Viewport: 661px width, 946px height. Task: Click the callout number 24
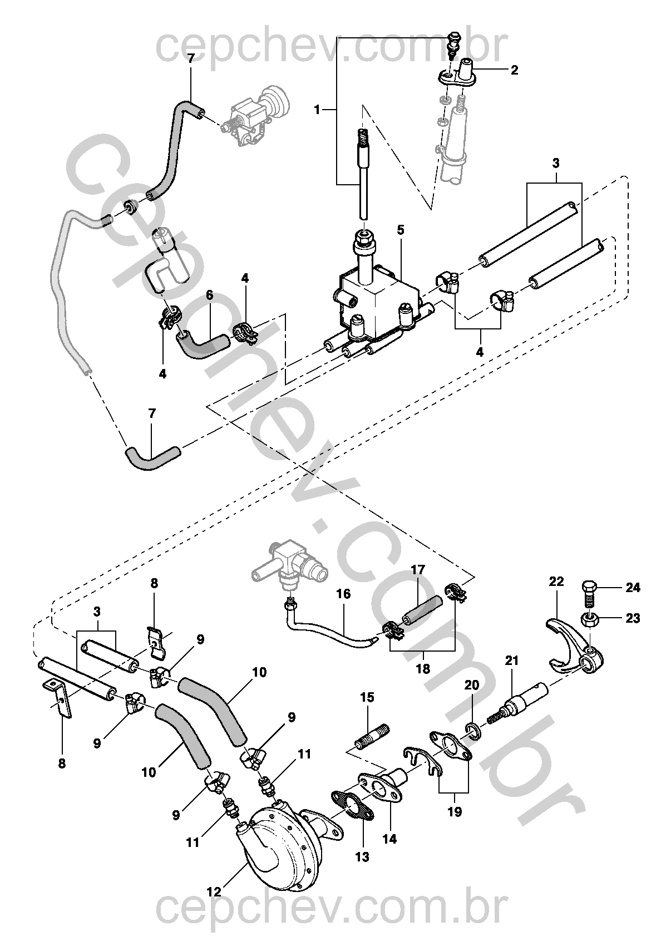pos(632,588)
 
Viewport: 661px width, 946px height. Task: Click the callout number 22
pos(557,582)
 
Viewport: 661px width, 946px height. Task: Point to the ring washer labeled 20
pos(473,732)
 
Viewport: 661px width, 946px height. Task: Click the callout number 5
pos(401,230)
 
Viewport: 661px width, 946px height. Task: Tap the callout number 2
pos(514,70)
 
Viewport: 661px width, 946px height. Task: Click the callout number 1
pos(317,110)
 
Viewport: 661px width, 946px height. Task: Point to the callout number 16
pos(343,594)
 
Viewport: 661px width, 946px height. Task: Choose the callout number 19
pos(455,812)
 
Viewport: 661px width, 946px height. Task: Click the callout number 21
pos(511,660)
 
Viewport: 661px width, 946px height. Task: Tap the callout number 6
pos(210,295)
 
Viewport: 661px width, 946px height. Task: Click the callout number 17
pos(418,570)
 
